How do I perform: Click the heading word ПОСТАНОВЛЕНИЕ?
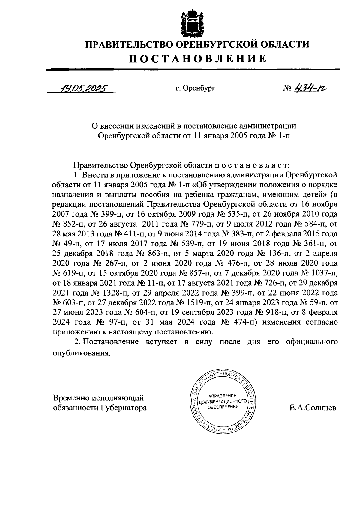[x=198, y=58]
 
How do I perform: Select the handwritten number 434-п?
[x=311, y=88]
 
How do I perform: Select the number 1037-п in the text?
[x=323, y=273]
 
